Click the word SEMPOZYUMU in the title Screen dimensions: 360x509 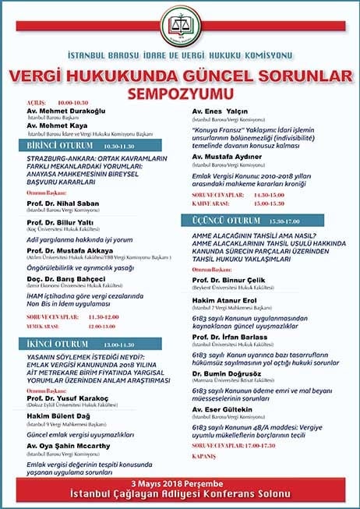coord(180,90)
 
